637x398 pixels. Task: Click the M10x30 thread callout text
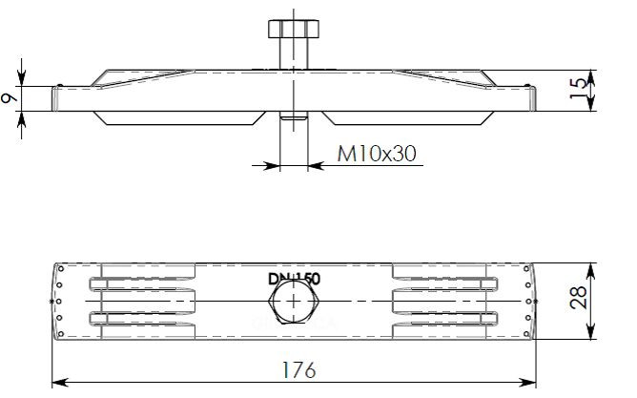(x=377, y=153)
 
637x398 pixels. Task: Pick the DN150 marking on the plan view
(x=294, y=279)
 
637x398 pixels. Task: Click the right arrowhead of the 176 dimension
(x=530, y=383)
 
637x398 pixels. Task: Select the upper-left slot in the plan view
(x=143, y=284)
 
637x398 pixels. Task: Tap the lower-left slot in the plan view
(x=143, y=319)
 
